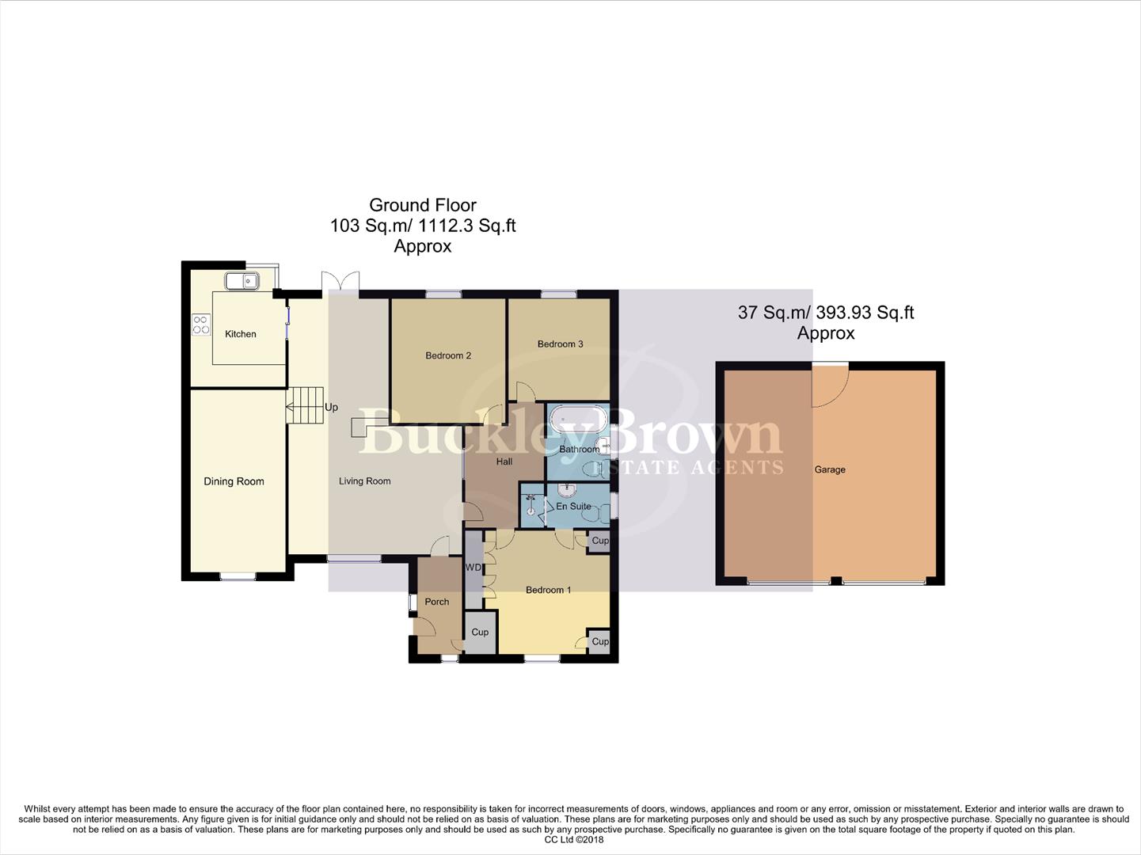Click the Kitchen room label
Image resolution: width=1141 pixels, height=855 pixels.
point(240,334)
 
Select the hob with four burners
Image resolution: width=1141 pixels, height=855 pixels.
point(201,325)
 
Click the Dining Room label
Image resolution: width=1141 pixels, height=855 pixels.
point(234,481)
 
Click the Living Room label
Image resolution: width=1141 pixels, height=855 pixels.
point(364,481)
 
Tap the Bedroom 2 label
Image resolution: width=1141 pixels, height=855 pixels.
point(448,355)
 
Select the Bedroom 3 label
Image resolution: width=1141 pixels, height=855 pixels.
point(560,344)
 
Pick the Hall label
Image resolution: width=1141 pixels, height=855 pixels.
point(504,462)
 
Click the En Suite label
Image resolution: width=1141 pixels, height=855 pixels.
point(573,506)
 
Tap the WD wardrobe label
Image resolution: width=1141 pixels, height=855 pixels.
point(473,568)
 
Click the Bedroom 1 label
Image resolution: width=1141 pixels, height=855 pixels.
point(548,590)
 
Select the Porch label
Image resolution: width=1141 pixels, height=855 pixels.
point(436,602)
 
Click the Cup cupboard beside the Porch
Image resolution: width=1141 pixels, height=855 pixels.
point(480,633)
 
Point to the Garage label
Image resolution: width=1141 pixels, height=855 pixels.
point(830,469)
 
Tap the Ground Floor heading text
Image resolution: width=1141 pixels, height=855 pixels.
point(422,206)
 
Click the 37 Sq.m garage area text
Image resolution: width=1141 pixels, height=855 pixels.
point(825,313)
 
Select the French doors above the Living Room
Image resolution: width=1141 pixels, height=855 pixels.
point(340,283)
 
